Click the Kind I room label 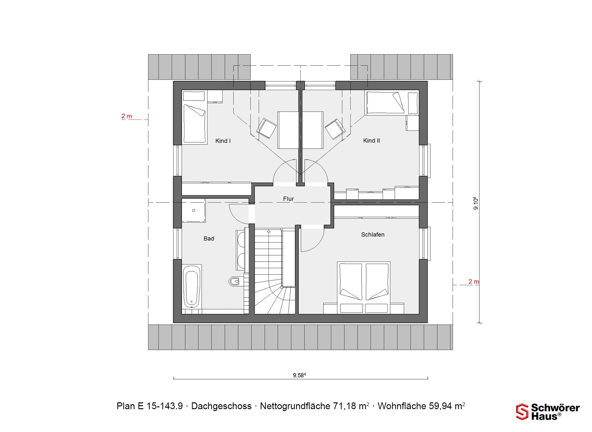pyautogui.click(x=223, y=141)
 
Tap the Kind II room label pyautogui.click(x=372, y=140)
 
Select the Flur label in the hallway pyautogui.click(x=289, y=199)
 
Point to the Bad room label pyautogui.click(x=209, y=239)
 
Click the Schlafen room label pyautogui.click(x=373, y=235)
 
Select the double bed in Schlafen pyautogui.click(x=364, y=288)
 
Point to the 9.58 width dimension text pyautogui.click(x=299, y=375)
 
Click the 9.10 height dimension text pyautogui.click(x=476, y=203)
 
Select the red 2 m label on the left pyautogui.click(x=127, y=116)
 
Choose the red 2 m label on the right pyautogui.click(x=474, y=282)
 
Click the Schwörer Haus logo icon pyautogui.click(x=522, y=412)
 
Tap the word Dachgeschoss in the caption pyautogui.click(x=221, y=406)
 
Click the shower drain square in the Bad pyautogui.click(x=194, y=210)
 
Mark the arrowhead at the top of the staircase pyautogui.click(x=269, y=231)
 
